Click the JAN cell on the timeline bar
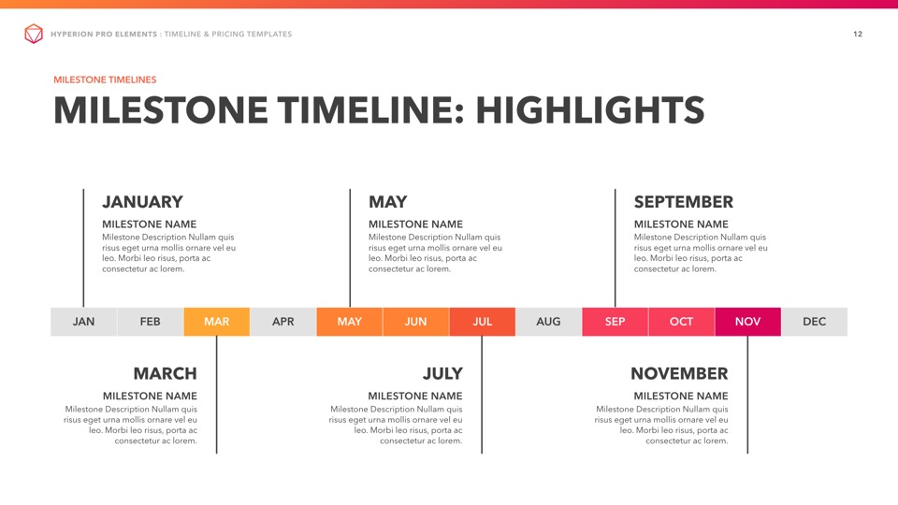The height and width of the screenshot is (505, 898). coord(83,322)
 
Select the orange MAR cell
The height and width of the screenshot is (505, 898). coord(216,322)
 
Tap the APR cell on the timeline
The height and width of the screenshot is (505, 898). coord(282,322)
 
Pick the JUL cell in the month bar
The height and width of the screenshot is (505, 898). coord(483,322)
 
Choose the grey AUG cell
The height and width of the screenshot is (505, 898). coord(549,322)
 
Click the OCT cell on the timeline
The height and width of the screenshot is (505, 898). coord(682,322)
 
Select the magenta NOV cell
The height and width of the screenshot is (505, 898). coord(748,322)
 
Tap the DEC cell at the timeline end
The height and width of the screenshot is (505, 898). coord(815,322)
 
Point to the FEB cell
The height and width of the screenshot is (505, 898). coord(150,322)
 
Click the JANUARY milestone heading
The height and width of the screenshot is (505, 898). coord(142,202)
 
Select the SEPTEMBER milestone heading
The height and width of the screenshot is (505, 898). coord(683,202)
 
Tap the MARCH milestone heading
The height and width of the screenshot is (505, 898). coord(165,374)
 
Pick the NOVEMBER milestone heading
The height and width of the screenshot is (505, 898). coord(679,374)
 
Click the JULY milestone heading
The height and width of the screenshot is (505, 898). coord(442,374)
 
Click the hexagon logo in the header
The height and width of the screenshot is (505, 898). coord(34,34)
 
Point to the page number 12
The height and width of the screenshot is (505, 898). coord(858,35)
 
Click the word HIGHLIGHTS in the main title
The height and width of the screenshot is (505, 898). coord(590,110)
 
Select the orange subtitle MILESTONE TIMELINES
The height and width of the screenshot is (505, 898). coord(105,79)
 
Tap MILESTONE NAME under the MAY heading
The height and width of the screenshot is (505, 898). coord(415,224)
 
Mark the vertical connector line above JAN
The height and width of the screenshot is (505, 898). coord(83,248)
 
